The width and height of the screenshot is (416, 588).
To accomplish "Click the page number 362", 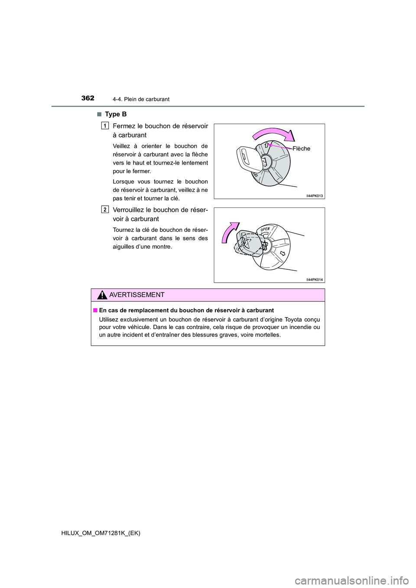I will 88,98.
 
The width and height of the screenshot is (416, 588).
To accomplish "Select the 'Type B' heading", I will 116,114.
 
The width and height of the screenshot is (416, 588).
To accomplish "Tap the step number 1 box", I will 105,126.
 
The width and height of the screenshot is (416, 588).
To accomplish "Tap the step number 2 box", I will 105,210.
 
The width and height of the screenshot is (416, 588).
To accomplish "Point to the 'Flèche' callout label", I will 301,149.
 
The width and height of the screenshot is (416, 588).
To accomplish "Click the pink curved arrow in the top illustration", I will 273,134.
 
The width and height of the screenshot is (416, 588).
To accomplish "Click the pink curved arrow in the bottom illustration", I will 230,234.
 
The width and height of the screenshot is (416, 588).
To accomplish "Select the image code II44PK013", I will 314,196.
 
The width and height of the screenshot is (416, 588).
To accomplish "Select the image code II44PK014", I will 314,280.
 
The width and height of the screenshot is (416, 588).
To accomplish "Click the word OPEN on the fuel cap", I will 265,229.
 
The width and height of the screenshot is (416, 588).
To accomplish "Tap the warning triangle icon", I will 102,295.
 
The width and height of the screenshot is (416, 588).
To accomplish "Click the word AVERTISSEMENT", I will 137,295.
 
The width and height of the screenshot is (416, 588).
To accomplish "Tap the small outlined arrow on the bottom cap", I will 283,253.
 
